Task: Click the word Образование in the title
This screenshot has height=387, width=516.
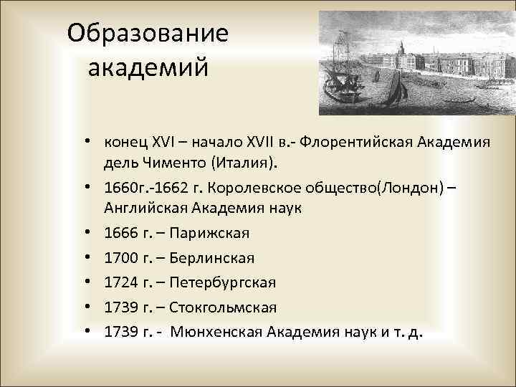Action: pos(148,33)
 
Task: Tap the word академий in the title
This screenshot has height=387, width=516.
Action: pos(148,69)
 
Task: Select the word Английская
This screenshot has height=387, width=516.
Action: pos(151,209)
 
